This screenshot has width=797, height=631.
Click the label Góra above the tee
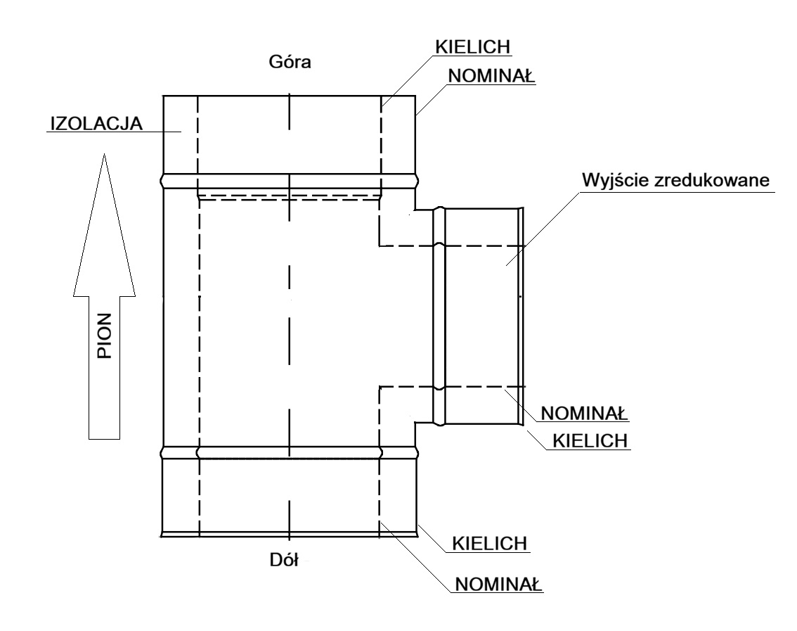click(290, 62)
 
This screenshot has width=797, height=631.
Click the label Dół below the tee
click(284, 560)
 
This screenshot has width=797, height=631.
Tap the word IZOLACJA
click(96, 124)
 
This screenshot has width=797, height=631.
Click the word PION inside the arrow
click(104, 336)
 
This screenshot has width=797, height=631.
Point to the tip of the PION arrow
click(104, 153)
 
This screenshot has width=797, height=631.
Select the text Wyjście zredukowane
click(675, 180)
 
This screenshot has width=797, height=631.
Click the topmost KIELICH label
click(473, 46)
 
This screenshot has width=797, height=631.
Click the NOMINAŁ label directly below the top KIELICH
click(491, 76)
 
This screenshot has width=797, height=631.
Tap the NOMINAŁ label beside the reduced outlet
click(584, 413)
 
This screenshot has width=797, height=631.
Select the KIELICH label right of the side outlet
click(590, 440)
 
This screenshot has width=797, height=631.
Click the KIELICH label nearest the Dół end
click(490, 544)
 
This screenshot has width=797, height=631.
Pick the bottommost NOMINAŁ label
click(498, 584)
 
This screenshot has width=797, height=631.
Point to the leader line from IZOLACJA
click(114, 132)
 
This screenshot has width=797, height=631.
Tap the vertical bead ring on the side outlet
click(439, 315)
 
